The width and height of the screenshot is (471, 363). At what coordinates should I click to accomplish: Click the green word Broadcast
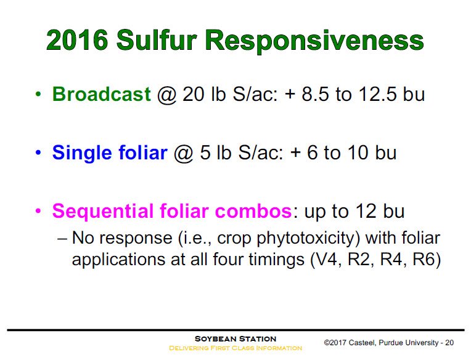(x=102, y=95)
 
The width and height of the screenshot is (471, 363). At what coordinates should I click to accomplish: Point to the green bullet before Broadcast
(x=39, y=95)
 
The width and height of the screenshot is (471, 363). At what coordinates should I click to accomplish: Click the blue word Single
(x=80, y=153)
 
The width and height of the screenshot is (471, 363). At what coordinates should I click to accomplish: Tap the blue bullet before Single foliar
(x=39, y=153)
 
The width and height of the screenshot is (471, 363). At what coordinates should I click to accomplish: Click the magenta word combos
(x=252, y=212)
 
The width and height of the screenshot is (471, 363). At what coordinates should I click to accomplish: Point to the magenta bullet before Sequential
(x=39, y=212)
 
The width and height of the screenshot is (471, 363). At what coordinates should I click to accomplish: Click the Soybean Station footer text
(x=236, y=339)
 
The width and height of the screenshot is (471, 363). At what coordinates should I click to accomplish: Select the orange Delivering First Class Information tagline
(x=236, y=348)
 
